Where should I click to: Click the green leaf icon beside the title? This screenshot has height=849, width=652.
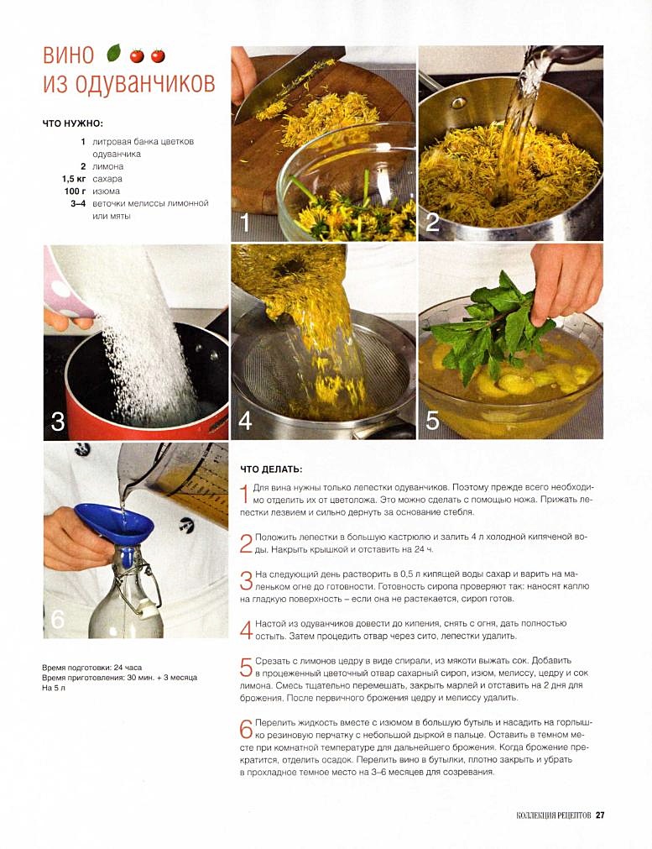[113, 53]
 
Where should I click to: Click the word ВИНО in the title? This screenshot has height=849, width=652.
[69, 55]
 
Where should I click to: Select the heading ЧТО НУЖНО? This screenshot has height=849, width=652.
[72, 123]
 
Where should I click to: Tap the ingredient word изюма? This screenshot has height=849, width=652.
[106, 191]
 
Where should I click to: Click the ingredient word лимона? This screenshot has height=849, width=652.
[107, 166]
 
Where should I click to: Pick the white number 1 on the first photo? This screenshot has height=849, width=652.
[244, 223]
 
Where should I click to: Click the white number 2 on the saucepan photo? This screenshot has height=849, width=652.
[432, 222]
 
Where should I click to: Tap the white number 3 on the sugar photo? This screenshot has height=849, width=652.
[57, 421]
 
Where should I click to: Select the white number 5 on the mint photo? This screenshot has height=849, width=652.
[432, 421]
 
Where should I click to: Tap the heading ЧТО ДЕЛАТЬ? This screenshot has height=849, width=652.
[271, 469]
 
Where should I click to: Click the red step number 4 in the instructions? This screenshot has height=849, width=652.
[246, 630]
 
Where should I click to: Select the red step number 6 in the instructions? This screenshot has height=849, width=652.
[246, 729]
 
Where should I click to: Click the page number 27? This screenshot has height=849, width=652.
[599, 815]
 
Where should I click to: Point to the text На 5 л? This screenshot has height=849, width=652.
[54, 689]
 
